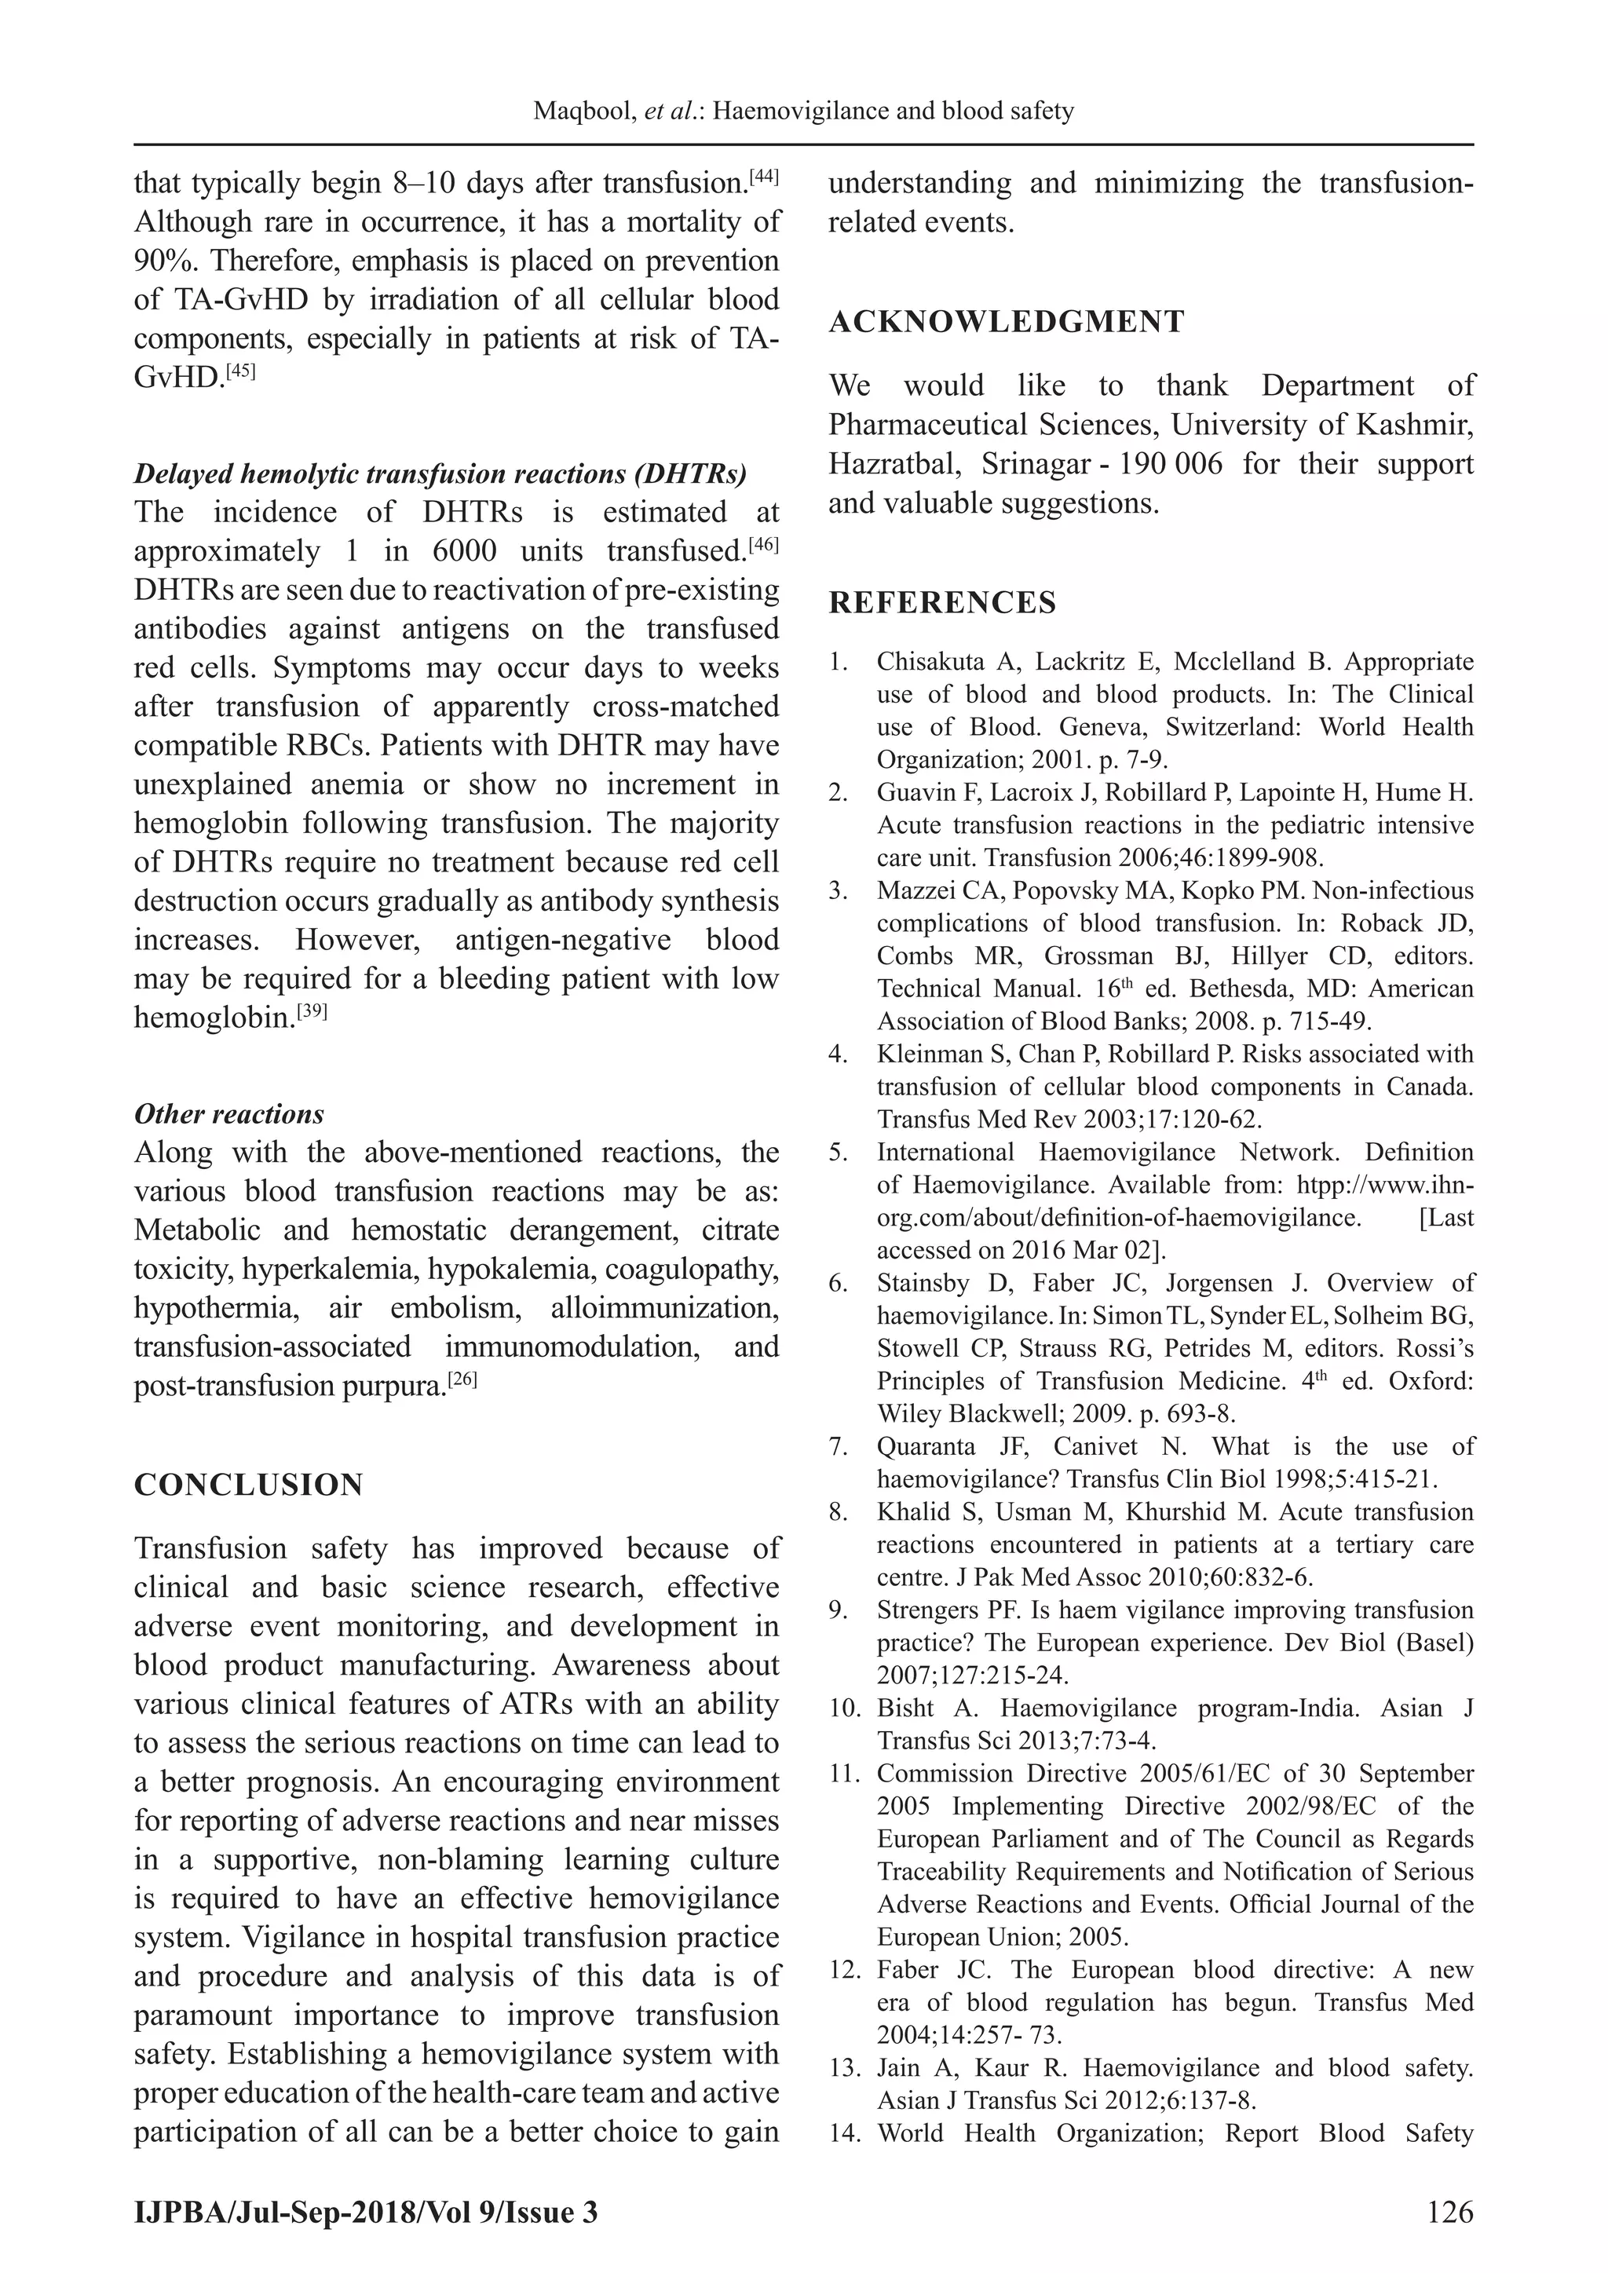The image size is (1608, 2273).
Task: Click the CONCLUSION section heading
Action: coord(249,1485)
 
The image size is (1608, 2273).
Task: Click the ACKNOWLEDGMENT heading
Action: coord(1006,322)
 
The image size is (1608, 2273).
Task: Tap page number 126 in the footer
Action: coord(1450,2213)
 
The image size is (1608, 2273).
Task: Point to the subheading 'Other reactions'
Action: coord(228,1115)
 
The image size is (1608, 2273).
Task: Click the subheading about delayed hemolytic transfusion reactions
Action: coord(440,474)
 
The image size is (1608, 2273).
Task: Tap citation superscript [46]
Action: coord(763,544)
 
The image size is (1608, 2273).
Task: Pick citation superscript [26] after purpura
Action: coord(462,1379)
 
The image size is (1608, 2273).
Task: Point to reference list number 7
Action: coord(839,1447)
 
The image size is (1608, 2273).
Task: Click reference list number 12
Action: coord(842,1970)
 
